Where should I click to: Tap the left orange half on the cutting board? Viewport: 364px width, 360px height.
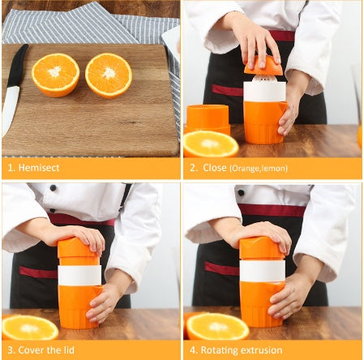coord(55,74)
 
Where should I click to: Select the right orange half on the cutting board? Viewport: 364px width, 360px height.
coord(109,75)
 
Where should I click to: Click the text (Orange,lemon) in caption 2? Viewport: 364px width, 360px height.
coord(259,169)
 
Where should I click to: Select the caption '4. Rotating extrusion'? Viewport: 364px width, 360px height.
coord(235,349)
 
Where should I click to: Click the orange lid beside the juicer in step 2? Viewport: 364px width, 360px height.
coord(208,117)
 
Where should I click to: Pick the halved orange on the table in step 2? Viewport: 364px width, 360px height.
coord(211,144)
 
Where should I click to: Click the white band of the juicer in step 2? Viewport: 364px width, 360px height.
coord(264,91)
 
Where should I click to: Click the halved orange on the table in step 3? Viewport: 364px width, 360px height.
coord(29,327)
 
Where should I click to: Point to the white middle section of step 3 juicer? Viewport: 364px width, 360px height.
coord(79,275)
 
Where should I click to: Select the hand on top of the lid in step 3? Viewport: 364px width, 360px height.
coord(77,236)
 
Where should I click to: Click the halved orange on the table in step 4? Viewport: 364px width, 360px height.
coord(216,326)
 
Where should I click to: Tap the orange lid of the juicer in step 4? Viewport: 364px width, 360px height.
coord(261,249)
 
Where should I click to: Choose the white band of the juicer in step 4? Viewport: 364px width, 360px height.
coord(261,270)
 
